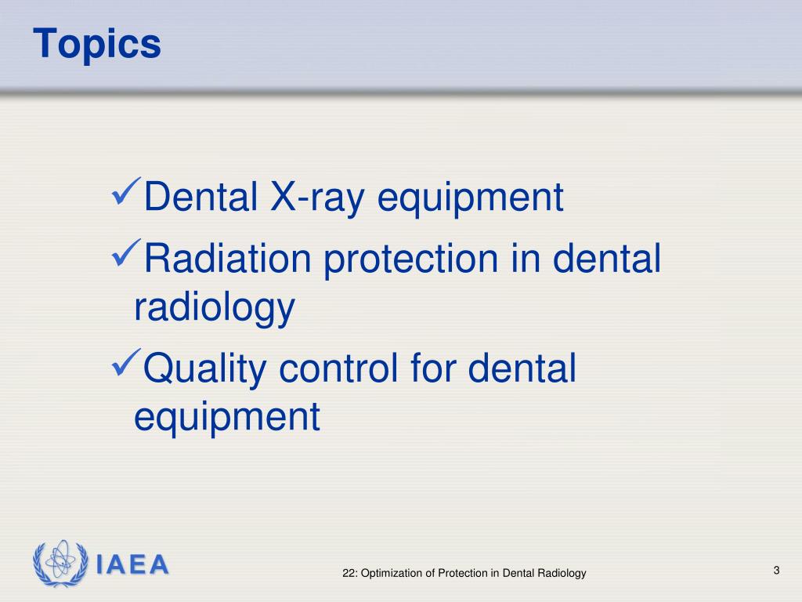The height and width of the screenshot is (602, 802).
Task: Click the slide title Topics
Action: [x=97, y=44]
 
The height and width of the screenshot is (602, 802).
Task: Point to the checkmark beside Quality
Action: [x=128, y=363]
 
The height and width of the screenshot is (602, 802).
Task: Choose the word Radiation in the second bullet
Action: [x=228, y=259]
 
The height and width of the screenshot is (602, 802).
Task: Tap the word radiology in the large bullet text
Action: [x=214, y=308]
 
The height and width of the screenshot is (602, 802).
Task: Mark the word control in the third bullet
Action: [x=341, y=368]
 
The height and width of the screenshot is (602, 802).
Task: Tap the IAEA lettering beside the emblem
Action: [x=132, y=564]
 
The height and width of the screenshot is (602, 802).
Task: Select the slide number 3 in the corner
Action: [x=776, y=570]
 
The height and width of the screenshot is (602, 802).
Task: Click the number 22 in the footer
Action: [x=349, y=574]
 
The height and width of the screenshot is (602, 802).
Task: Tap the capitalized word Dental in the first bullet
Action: [x=202, y=198]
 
